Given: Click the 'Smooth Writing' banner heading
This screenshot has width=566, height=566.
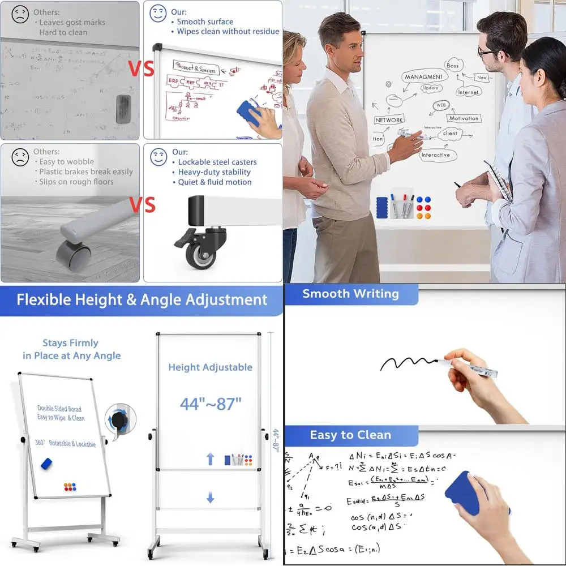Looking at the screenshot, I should coord(350,294).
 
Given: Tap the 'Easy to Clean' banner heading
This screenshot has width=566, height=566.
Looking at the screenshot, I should coord(350,435).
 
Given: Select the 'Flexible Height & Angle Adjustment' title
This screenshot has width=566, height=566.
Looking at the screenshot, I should coord(141,299).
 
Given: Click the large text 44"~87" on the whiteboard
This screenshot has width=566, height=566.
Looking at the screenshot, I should coord(211,404).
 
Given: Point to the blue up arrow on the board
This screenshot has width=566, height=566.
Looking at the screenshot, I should coord(211,458).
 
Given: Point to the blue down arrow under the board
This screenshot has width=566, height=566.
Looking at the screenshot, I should coord(211,498).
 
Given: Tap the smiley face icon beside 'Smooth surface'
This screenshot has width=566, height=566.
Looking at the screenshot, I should coord(158,14).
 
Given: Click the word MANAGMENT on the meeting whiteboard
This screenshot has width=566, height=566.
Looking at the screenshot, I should coord(423,77).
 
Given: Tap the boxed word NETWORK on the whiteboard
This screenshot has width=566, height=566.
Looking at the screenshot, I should coord(389,120).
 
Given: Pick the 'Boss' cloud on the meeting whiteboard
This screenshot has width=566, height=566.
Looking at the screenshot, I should coord(453,66).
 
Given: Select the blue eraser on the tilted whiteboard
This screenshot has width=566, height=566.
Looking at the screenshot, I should coord(46,464).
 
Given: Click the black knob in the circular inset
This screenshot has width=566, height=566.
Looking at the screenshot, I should coord(119,419).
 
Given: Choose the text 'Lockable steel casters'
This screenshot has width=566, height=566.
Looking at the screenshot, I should coord(213,162).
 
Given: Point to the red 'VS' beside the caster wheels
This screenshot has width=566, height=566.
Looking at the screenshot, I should coord(141,205).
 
